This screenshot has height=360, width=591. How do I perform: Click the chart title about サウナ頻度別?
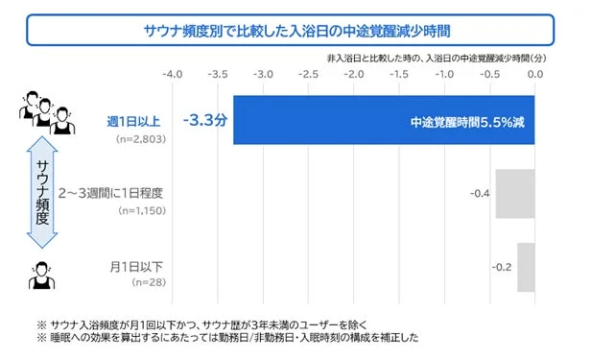coord(295,30)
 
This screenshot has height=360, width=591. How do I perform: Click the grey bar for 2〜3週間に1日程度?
coord(514,193)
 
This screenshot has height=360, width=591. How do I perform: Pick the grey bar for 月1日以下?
coord(526,267)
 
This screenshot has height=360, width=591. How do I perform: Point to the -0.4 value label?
coord(481,193)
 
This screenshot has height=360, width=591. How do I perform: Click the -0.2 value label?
coord(502,267)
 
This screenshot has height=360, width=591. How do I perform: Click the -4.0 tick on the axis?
coord(172,73)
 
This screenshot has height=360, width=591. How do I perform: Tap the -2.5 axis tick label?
coord(308,73)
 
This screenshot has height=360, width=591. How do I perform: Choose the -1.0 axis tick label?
coord(445,73)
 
